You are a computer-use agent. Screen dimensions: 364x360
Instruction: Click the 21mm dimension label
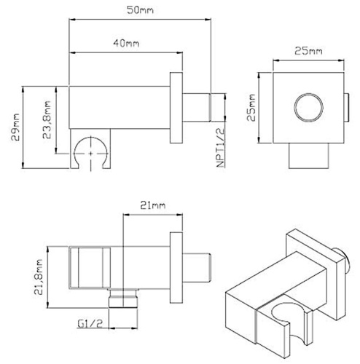click(x=149, y=207)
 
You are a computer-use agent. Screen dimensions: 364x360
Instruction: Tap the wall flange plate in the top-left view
click(x=176, y=110)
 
